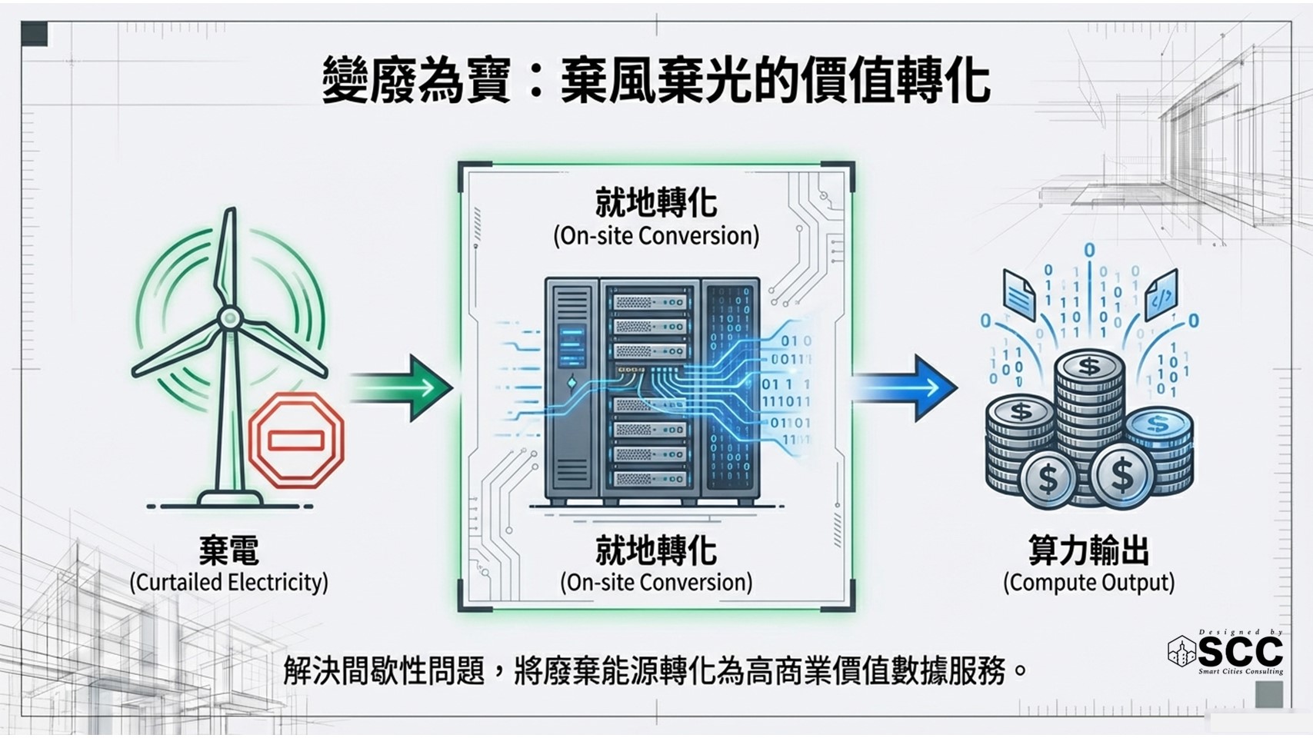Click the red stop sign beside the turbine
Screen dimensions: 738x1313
point(296,440)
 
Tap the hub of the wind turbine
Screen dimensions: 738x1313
point(229,317)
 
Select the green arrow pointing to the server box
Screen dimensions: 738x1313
point(403,387)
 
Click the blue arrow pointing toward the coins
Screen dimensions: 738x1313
point(906,387)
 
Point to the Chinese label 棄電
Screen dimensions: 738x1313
point(228,550)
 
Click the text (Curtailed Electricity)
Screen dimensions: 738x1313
point(228,582)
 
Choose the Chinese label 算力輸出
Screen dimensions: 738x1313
point(1088,550)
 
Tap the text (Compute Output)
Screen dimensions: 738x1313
point(1088,582)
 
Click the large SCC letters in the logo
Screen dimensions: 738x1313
point(1240,652)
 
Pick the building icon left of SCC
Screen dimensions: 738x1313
point(1182,652)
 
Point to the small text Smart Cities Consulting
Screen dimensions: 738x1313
point(1240,672)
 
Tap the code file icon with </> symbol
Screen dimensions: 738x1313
point(1161,294)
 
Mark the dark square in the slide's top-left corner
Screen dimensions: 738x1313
point(35,34)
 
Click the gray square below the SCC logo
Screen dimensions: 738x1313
point(1269,694)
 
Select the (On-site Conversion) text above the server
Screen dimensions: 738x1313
point(656,235)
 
